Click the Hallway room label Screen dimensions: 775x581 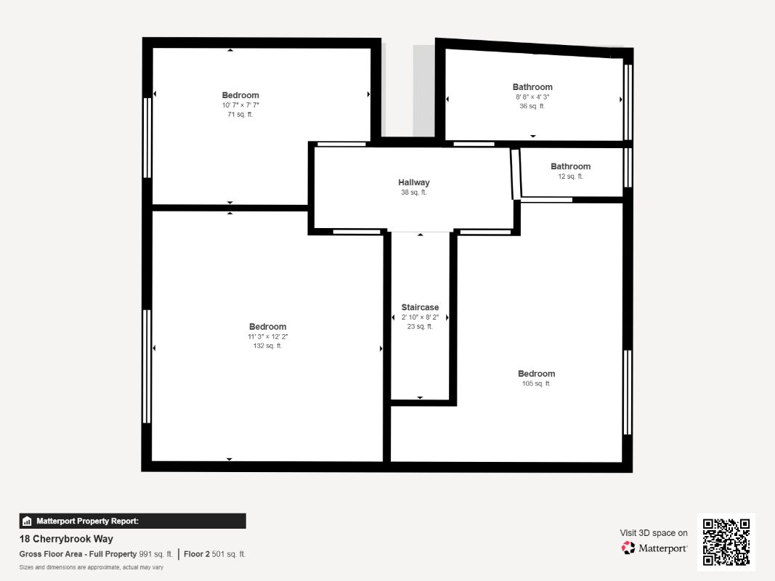click(x=414, y=182)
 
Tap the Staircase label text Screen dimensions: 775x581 click(x=420, y=307)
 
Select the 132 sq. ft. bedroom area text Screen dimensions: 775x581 click(x=267, y=346)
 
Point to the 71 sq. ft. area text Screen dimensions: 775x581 click(x=240, y=114)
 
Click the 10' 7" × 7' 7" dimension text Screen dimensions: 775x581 click(x=240, y=105)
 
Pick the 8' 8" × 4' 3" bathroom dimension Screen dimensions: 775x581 click(x=532, y=97)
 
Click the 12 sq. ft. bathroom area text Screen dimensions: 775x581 click(x=570, y=176)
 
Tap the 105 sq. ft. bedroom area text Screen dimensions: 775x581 click(x=536, y=383)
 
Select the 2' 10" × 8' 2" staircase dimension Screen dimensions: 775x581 click(x=420, y=317)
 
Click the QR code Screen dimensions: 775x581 click(x=726, y=542)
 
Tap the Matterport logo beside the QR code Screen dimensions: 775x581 click(x=654, y=548)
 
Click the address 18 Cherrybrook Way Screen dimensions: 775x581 click(x=66, y=539)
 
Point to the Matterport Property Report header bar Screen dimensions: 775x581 click(x=132, y=521)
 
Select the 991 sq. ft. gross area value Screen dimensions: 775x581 click(x=155, y=554)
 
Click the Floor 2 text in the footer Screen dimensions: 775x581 click(x=197, y=554)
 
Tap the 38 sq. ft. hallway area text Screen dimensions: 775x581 click(x=414, y=192)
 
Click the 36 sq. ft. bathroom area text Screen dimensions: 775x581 click(x=532, y=106)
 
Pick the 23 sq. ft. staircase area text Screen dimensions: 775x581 click(x=420, y=327)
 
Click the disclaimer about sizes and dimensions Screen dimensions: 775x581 click(x=92, y=567)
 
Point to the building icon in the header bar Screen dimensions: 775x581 click(x=27, y=521)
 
